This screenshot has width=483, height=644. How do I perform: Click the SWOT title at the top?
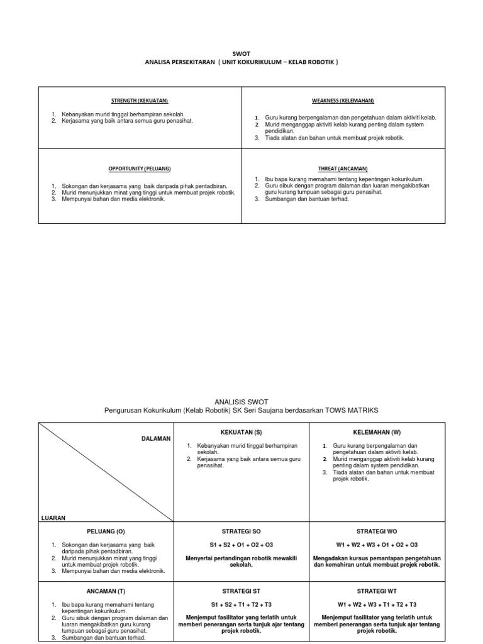pyautogui.click(x=241, y=54)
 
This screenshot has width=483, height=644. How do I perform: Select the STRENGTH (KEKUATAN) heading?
pyautogui.click(x=140, y=101)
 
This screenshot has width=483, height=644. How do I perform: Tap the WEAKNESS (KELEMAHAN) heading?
pyautogui.click(x=343, y=101)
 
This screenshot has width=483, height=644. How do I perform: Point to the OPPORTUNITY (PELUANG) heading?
pyautogui.click(x=140, y=169)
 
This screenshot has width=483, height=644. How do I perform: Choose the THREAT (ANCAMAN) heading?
pyautogui.click(x=343, y=169)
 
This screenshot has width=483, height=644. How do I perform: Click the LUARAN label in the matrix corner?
pyautogui.click(x=53, y=518)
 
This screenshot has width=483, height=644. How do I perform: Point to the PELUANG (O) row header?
pyautogui.click(x=104, y=531)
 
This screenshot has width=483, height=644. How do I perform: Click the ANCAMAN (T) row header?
pyautogui.click(x=104, y=591)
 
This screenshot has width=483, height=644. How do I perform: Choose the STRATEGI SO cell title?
pyautogui.click(x=241, y=531)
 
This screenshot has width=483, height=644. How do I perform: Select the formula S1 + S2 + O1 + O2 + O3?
pyautogui.click(x=241, y=545)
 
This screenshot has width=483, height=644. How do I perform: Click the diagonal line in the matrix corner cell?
pyautogui.click(x=106, y=472)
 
